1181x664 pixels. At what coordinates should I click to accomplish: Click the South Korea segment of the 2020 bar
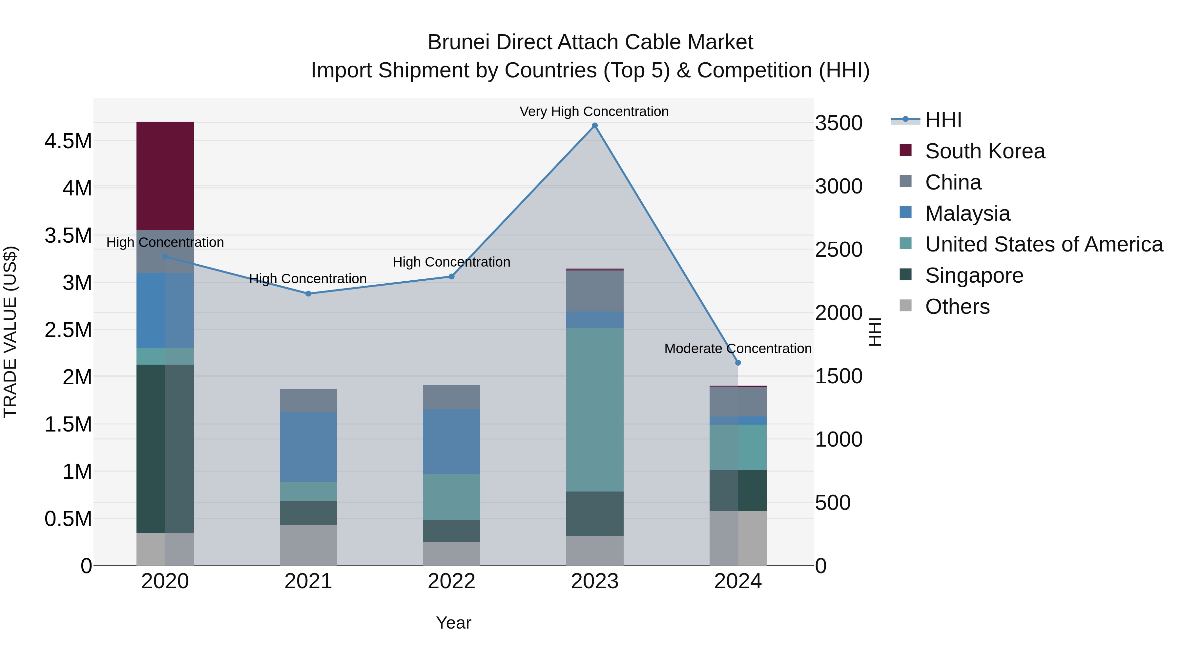pos(165,176)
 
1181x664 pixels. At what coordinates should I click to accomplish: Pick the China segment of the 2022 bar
pos(451,397)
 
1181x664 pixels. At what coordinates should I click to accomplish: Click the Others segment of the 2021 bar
pos(308,545)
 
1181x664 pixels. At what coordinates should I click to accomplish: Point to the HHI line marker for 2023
pos(595,126)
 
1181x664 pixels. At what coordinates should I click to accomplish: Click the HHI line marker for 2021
pos(308,294)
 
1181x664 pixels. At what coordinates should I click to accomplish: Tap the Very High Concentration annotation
pos(594,112)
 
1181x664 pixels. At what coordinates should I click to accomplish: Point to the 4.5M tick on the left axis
pos(68,141)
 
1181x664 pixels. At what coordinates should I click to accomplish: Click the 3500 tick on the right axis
pos(839,123)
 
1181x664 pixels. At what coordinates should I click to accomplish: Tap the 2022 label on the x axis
pos(451,581)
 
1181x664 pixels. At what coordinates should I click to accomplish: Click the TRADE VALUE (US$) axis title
pos(10,332)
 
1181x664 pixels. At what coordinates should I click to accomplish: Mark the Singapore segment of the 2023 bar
pos(595,514)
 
